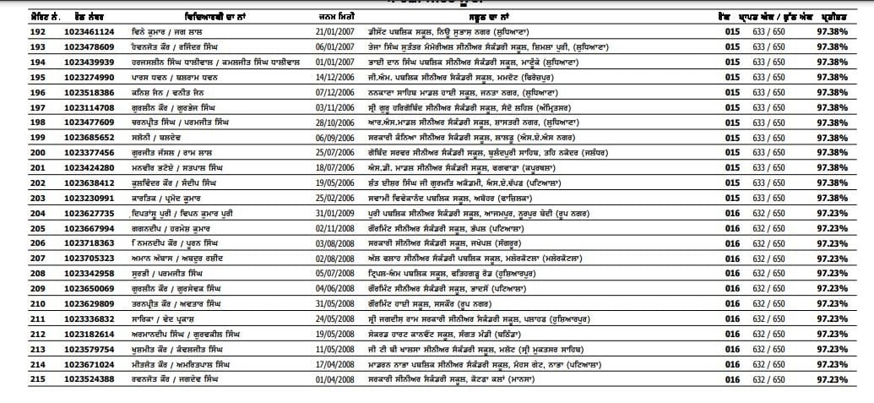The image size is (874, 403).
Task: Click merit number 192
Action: [15, 31]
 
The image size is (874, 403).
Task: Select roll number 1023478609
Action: [89, 46]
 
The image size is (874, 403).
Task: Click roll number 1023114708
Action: [89, 107]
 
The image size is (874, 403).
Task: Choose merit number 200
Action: [15, 152]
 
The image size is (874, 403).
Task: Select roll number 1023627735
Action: [89, 213]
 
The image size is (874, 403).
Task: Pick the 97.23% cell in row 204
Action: [832, 213]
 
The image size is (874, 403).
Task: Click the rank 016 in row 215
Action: [732, 378]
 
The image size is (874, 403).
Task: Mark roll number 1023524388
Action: [89, 378]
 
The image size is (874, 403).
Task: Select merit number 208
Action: [15, 273]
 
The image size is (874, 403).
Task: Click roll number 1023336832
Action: [89, 319]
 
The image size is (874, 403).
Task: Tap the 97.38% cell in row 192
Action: [832, 31]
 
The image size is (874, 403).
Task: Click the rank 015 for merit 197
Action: [732, 107]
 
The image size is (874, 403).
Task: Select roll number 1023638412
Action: [89, 182]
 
